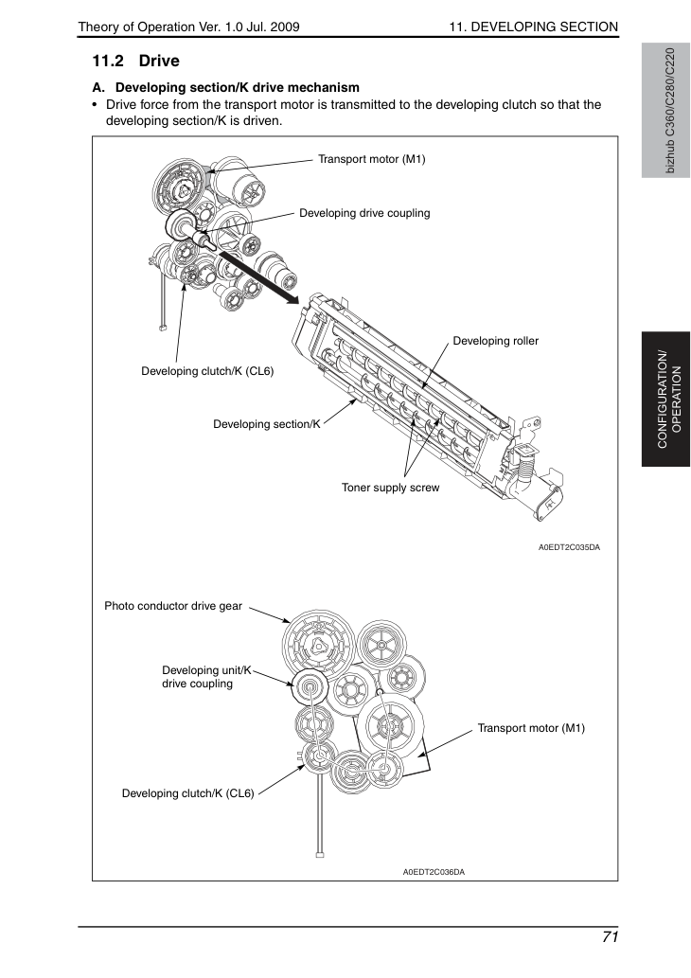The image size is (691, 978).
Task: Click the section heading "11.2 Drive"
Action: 136,62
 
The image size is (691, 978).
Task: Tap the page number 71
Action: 610,937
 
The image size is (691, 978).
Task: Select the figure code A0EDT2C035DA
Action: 570,547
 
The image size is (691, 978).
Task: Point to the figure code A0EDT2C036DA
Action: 434,872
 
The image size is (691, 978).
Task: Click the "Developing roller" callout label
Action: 496,341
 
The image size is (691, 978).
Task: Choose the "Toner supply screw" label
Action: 390,488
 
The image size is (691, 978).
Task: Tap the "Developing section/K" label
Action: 267,424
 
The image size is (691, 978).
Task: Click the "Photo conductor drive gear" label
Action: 173,606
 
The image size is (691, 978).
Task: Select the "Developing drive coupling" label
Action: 364,213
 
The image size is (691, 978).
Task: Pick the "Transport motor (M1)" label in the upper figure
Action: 372,159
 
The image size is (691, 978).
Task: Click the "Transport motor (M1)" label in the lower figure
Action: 531,728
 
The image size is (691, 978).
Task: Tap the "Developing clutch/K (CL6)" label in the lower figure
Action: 188,793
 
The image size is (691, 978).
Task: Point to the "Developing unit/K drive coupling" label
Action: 206,677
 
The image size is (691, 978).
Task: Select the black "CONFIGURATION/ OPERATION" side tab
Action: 666,400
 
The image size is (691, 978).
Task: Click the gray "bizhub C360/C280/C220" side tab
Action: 666,111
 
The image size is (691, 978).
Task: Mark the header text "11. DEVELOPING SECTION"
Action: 534,27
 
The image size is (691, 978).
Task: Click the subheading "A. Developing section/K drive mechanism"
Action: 226,88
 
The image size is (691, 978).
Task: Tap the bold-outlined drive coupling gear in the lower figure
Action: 309,688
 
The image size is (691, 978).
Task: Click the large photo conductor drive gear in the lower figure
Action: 318,646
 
